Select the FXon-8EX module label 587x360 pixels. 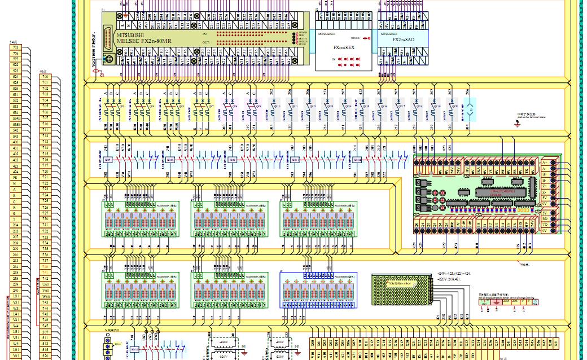point(344,48)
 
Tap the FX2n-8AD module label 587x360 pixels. point(403,40)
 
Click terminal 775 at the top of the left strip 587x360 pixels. point(15,47)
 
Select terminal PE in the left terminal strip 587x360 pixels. point(15,177)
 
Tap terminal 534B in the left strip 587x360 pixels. point(15,124)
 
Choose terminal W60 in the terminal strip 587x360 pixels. point(45,296)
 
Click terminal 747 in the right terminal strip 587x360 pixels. point(45,326)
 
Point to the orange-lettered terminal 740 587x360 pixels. point(45,272)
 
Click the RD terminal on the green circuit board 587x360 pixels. point(545,218)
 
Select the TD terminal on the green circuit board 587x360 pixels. point(545,225)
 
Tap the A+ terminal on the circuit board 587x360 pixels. point(545,162)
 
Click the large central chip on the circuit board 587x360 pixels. point(497,191)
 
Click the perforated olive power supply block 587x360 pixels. point(400,289)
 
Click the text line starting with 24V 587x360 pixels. point(454,274)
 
